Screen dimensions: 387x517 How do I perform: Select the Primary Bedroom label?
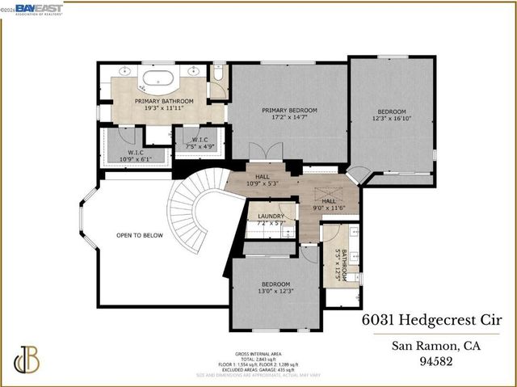(289, 110)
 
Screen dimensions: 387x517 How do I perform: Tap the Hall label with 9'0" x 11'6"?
(329, 201)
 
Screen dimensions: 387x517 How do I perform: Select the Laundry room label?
(271, 217)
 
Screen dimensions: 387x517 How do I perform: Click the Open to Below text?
(140, 235)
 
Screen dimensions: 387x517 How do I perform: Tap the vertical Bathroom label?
(343, 264)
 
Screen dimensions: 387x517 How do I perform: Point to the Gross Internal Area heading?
(258, 354)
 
